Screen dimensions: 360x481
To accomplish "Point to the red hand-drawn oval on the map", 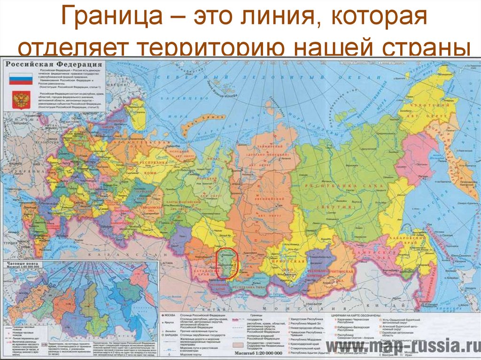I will coord(227,264).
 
